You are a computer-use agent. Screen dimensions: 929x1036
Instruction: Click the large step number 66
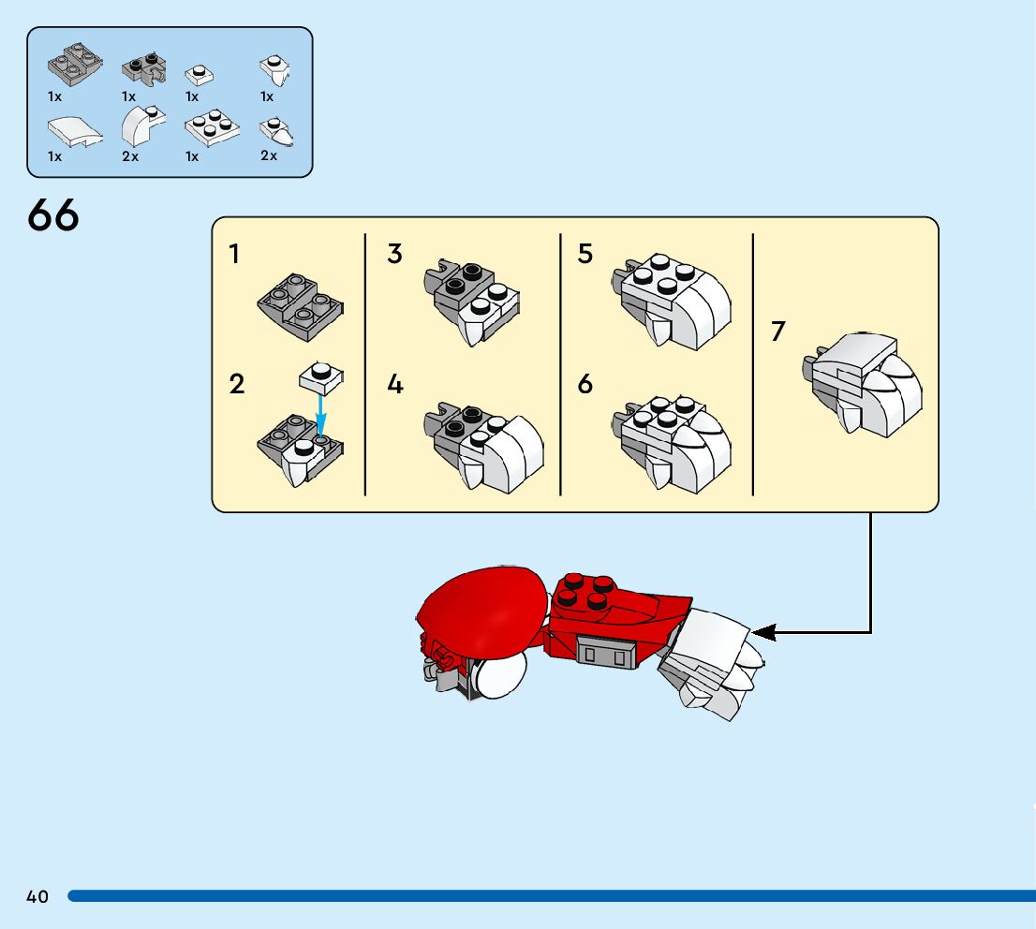point(53,216)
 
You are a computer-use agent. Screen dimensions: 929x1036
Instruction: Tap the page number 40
point(37,897)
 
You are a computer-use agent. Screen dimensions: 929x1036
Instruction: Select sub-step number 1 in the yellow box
point(234,254)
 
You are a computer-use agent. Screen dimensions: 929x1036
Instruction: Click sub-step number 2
point(236,384)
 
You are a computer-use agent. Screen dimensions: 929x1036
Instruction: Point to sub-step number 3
point(394,254)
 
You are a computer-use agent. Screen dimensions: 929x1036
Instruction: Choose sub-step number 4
point(394,384)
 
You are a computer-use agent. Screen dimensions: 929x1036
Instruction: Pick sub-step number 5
point(585,254)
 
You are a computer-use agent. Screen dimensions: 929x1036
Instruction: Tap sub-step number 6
point(585,384)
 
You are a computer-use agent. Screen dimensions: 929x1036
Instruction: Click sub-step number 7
point(777,332)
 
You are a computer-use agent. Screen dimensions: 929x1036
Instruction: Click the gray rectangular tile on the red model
point(604,650)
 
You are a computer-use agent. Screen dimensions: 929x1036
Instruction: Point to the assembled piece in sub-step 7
point(864,384)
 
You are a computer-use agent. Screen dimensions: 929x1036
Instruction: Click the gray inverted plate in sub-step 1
point(300,305)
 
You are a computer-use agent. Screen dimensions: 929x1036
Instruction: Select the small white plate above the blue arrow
point(320,376)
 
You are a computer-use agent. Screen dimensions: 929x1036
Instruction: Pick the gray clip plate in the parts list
point(142,67)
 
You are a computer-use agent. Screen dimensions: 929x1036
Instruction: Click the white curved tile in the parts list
point(72,132)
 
